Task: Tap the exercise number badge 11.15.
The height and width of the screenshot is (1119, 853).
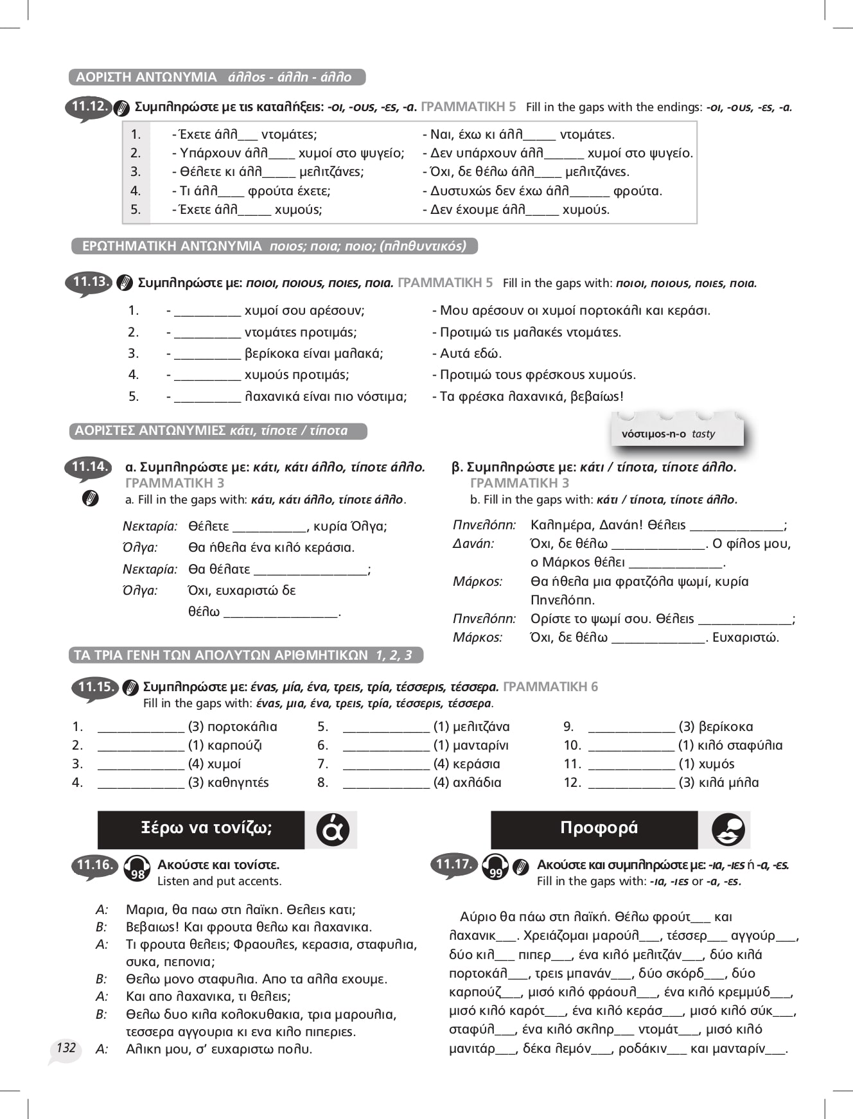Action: (x=95, y=687)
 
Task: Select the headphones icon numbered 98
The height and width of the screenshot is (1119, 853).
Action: (x=136, y=868)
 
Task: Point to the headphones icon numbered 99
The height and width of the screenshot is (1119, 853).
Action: (x=495, y=867)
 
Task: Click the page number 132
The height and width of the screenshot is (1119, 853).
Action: (x=66, y=1048)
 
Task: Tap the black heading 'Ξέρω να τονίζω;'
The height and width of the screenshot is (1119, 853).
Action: (x=206, y=828)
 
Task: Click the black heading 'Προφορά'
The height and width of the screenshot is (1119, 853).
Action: (x=599, y=828)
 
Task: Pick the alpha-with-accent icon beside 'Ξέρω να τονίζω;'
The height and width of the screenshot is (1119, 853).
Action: (x=332, y=829)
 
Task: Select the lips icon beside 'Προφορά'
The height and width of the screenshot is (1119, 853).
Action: (x=728, y=829)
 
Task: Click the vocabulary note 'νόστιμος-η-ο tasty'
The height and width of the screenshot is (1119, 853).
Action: (x=668, y=434)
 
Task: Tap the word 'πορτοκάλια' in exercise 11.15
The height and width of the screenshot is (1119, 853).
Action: (x=242, y=727)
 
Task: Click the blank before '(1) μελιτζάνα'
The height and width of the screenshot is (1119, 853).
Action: (x=386, y=727)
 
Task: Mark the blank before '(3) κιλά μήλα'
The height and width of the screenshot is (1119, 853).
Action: (x=631, y=782)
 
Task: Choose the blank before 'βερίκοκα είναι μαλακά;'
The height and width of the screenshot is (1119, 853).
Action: (x=207, y=353)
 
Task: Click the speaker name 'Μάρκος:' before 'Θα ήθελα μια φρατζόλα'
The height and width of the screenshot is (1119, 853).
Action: (x=477, y=581)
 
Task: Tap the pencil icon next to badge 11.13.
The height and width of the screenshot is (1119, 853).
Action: (x=125, y=283)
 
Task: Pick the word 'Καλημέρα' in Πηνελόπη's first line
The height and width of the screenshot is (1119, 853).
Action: (x=560, y=525)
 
